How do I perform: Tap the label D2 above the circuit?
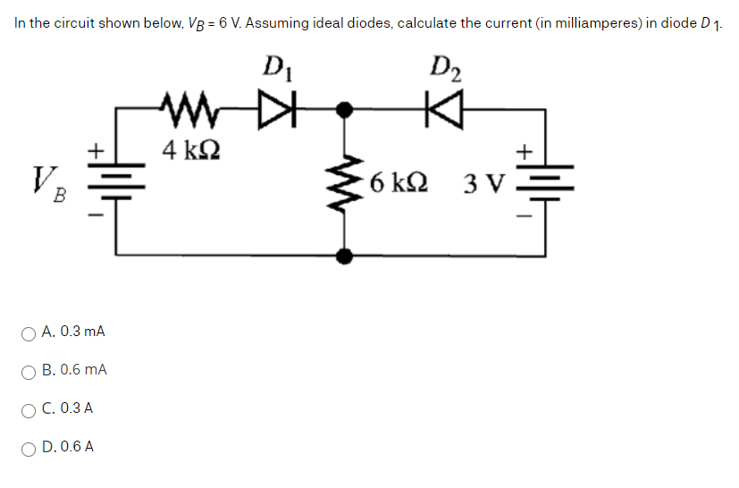point(444,67)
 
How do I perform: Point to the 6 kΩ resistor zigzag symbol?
point(342,183)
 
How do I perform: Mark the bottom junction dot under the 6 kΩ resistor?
point(342,257)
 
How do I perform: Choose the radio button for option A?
point(29,333)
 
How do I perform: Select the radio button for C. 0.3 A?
point(29,409)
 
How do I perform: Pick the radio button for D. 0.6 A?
point(29,448)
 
